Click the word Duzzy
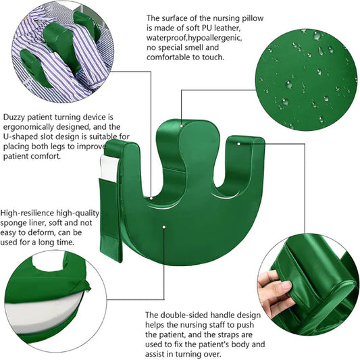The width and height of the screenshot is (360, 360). (x=16, y=116)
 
